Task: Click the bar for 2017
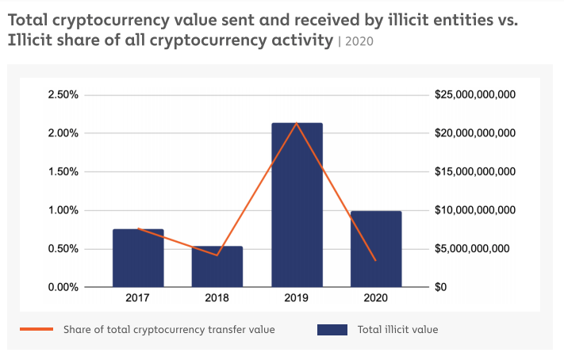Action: click(138, 258)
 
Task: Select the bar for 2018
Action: click(217, 266)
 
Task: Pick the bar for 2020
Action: click(376, 249)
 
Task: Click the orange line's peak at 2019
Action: click(297, 123)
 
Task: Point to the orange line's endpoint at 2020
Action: click(376, 260)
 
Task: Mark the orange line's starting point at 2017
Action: click(138, 228)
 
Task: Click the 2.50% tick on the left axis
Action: click(63, 94)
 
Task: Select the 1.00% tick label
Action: click(63, 210)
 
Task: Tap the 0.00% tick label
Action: click(63, 287)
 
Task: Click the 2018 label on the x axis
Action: click(217, 298)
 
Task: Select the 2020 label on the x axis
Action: click(376, 298)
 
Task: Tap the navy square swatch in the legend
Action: click(332, 329)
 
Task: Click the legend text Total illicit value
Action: click(397, 329)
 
